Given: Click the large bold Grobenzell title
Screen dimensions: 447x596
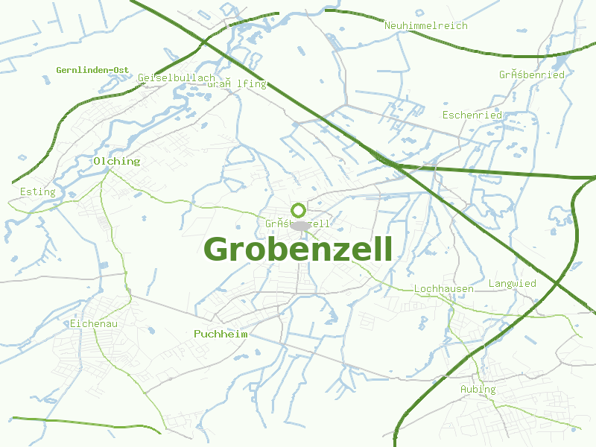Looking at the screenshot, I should pyautogui.click(x=298, y=250).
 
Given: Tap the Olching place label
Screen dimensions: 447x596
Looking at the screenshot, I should pyautogui.click(x=117, y=161).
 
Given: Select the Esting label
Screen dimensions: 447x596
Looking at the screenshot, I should pyautogui.click(x=38, y=191).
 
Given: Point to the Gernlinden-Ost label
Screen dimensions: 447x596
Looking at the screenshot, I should pyautogui.click(x=92, y=70).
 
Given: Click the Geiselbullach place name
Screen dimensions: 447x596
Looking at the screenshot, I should pyautogui.click(x=177, y=77).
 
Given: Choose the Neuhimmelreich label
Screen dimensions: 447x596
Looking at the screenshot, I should pyautogui.click(x=426, y=25).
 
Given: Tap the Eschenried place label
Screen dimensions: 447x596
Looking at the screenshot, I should pyautogui.click(x=472, y=115).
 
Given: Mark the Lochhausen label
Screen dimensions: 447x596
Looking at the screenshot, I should pyautogui.click(x=443, y=288).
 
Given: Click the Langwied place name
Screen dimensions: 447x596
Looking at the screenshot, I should pyautogui.click(x=512, y=284).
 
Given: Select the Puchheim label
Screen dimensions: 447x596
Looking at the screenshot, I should pyautogui.click(x=221, y=334).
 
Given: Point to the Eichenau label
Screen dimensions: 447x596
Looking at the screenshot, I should pyautogui.click(x=93, y=323).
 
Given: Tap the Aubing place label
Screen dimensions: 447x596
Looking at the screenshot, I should pyautogui.click(x=478, y=389).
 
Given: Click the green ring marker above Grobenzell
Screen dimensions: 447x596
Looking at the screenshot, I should pyautogui.click(x=298, y=210).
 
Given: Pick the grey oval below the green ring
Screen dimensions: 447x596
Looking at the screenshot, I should pyautogui.click(x=299, y=225).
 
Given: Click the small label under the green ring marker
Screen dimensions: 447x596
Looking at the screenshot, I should pyautogui.click(x=298, y=223).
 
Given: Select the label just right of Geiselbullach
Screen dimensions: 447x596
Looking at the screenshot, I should pyautogui.click(x=237, y=84).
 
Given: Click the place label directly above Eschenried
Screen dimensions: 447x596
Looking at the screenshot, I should pyautogui.click(x=532, y=74).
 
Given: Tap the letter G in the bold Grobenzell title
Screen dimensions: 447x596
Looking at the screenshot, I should pyautogui.click(x=217, y=250).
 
